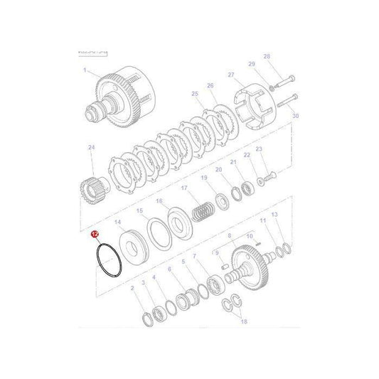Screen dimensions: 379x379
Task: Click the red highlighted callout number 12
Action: click(x=93, y=234)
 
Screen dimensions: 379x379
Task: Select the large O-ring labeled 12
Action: click(x=107, y=262)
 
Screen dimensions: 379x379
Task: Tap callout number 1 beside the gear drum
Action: click(x=85, y=70)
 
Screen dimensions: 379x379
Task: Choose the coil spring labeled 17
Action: click(x=205, y=210)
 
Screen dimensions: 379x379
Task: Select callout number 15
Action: click(x=139, y=210)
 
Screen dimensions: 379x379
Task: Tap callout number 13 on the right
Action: click(x=275, y=214)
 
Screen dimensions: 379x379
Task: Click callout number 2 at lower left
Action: click(x=132, y=287)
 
